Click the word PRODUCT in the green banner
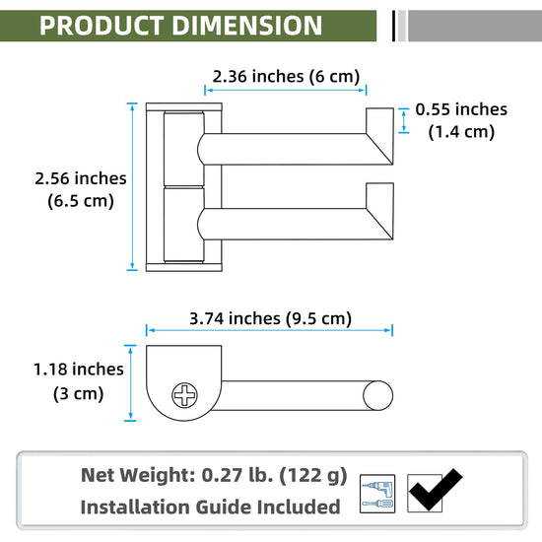[102, 26]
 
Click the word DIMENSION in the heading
[247, 26]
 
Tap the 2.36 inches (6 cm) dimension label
[286, 77]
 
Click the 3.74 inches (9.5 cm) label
[270, 318]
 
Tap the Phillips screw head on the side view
[184, 395]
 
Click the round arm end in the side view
[377, 395]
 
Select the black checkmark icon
[435, 490]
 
